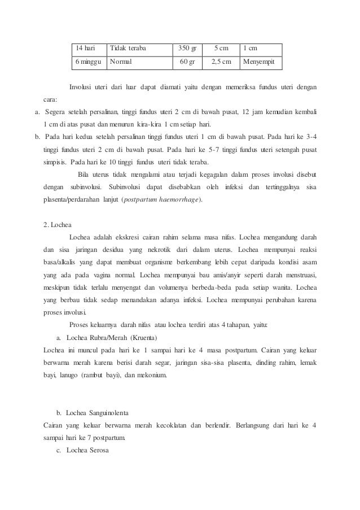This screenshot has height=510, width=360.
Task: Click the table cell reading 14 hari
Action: click(86, 48)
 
